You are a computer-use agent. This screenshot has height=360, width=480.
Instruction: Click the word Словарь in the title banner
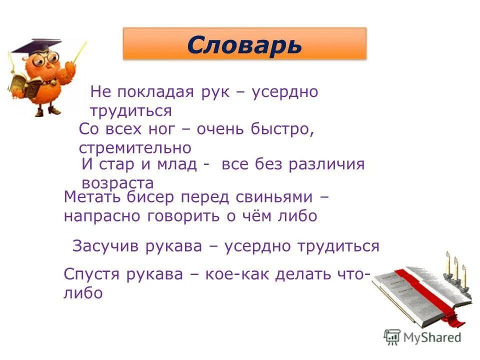(244, 45)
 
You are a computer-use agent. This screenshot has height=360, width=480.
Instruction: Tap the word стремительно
(135, 148)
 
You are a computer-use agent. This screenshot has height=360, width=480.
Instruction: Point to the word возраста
(117, 182)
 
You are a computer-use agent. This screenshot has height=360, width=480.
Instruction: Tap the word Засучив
(107, 246)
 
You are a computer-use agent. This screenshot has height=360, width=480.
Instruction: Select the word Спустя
(92, 274)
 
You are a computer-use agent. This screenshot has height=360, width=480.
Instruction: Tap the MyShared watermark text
(430, 337)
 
